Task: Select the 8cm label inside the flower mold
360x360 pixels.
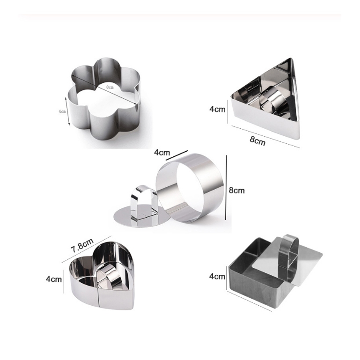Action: pyautogui.click(x=110, y=87)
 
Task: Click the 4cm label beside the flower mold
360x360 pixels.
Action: pyautogui.click(x=62, y=111)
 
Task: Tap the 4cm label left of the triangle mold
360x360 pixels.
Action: pyautogui.click(x=217, y=109)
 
